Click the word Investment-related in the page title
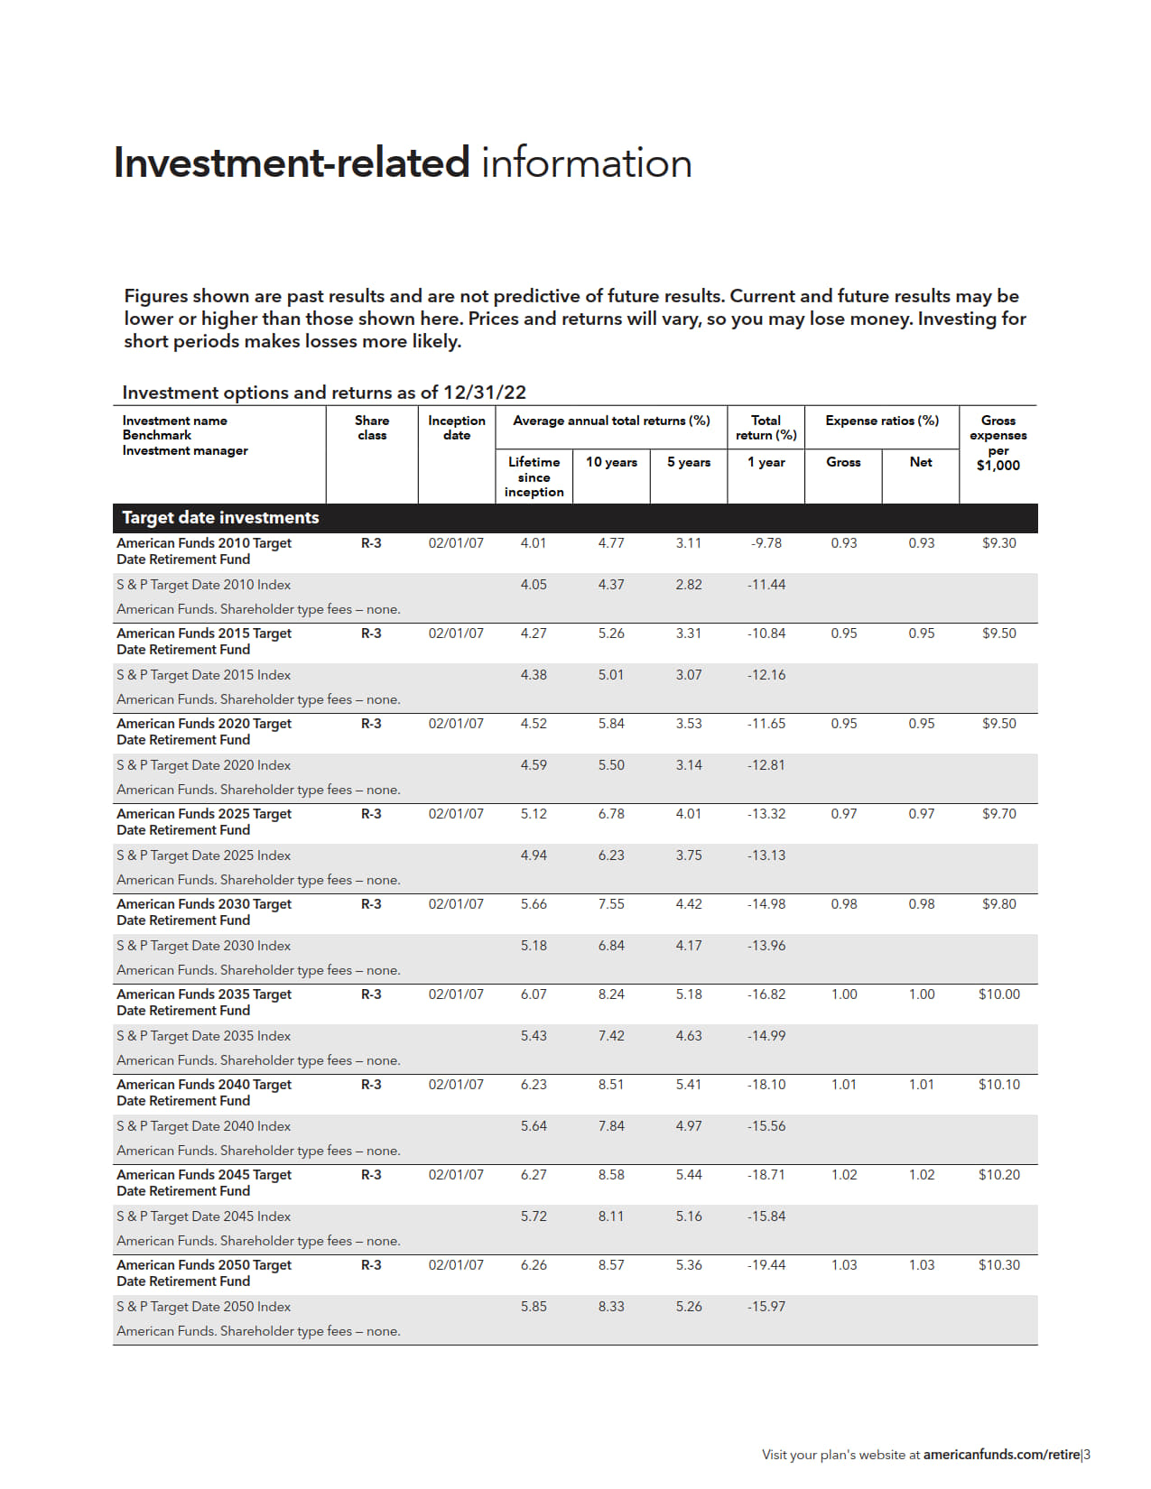click(291, 163)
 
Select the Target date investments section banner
click(220, 518)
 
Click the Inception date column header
click(456, 428)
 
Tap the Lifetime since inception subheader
click(534, 476)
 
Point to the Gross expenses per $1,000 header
click(998, 443)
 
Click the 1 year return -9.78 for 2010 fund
click(766, 543)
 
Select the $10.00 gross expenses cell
click(998, 994)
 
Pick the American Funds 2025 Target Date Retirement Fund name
click(204, 822)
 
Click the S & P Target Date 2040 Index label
click(203, 1126)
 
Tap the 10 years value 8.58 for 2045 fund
click(610, 1175)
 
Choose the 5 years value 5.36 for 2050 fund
click(688, 1265)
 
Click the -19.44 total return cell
click(766, 1265)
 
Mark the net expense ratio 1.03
click(921, 1265)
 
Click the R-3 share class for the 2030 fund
click(371, 904)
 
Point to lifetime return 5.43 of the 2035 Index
click(534, 1036)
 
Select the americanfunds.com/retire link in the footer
click(1001, 1455)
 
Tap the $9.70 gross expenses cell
click(998, 814)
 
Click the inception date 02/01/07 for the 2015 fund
click(456, 634)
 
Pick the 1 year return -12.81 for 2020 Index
click(766, 765)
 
